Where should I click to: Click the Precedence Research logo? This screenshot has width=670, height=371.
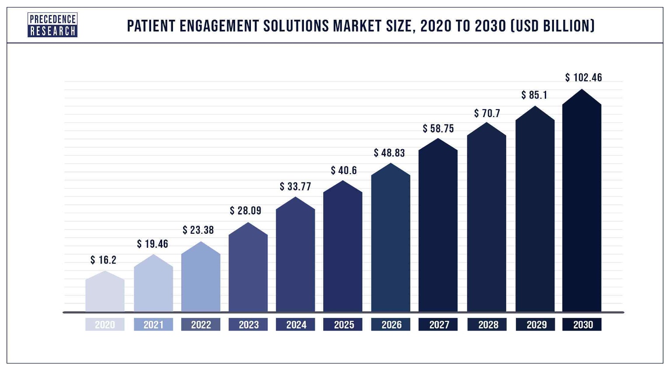point(53,25)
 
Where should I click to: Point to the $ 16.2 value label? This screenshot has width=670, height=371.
point(103,260)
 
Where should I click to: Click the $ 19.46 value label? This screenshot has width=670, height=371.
point(152,244)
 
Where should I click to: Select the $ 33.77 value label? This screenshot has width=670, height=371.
point(295,187)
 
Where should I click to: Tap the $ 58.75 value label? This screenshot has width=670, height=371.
point(438,128)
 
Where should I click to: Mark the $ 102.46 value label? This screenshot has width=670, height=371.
point(583,78)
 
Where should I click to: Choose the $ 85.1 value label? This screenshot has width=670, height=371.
point(534,95)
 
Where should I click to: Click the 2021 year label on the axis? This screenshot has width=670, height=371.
point(153,325)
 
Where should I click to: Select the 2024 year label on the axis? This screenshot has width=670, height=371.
point(296,325)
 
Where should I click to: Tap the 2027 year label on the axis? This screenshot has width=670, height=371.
point(439,325)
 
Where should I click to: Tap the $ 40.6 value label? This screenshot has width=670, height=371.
point(344,171)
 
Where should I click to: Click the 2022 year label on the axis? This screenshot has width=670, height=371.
point(201,325)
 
